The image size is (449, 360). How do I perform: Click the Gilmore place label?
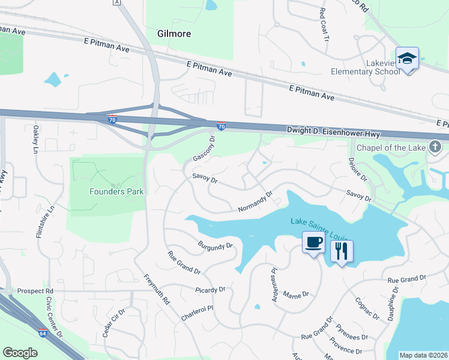pos(173,34)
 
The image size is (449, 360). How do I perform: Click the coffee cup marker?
pos(313,243)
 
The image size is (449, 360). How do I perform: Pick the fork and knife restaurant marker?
pos(342,251)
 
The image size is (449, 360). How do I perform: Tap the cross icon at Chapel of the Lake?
pos(436,147)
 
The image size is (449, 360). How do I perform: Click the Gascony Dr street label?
pos(204,148)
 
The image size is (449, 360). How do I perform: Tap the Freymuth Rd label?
pos(155,289)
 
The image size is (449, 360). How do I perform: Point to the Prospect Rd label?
pos(35,291)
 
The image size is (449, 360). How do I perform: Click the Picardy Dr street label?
pos(210,289)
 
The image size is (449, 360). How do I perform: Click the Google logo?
pos(20,352)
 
